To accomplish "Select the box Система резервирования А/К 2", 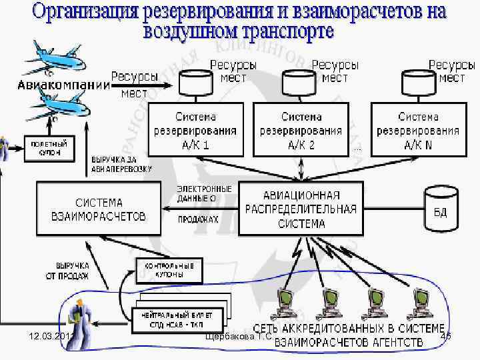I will coord(301,129).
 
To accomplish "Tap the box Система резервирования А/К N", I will coord(419,129).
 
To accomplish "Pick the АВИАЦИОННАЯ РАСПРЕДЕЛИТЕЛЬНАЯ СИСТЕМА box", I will coord(301,209).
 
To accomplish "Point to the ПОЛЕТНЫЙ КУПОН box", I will coord(49,148).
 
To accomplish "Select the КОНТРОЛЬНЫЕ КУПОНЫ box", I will coord(169,269).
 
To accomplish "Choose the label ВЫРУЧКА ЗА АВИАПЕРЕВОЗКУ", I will coord(121,165).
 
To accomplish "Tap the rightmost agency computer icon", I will coord(421,303).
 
